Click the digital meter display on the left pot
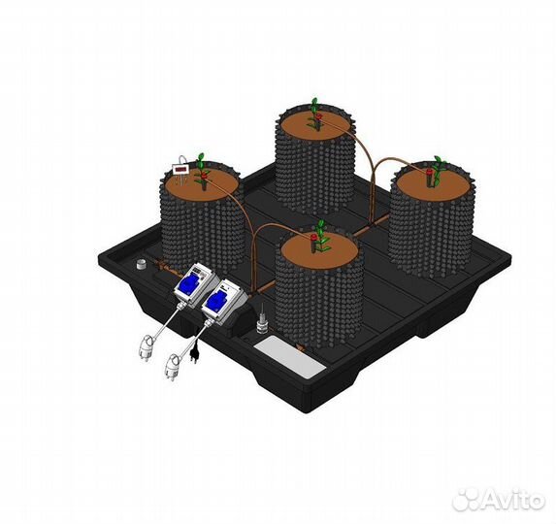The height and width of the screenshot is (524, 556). (180, 169)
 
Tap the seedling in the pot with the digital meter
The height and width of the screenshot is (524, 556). (203, 171)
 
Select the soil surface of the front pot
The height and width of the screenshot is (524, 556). (319, 251)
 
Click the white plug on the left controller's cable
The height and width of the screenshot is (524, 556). (147, 349)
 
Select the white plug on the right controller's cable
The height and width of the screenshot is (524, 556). (172, 368)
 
